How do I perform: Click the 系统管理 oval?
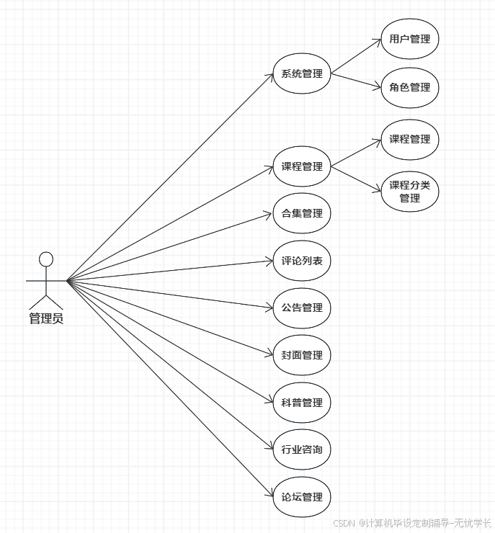click(x=302, y=73)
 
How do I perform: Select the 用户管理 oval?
click(x=409, y=39)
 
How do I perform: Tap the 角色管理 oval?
click(x=409, y=87)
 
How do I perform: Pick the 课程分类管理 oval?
click(x=409, y=191)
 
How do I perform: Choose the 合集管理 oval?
click(x=302, y=214)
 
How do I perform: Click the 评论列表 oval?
click(x=302, y=261)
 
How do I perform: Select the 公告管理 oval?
click(x=302, y=308)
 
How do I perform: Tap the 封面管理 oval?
click(x=302, y=355)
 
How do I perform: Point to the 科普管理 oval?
click(x=302, y=403)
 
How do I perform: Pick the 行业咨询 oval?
click(x=302, y=449)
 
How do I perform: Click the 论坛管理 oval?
click(x=302, y=497)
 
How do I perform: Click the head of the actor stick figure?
click(x=46, y=259)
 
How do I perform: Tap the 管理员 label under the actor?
click(x=46, y=318)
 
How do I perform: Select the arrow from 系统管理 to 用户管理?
click(x=355, y=56)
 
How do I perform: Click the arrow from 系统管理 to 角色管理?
click(x=355, y=81)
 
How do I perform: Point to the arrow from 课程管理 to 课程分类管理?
click(x=355, y=179)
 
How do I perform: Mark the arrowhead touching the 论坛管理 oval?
click(x=269, y=493)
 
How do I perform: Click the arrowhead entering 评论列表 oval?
click(x=269, y=261)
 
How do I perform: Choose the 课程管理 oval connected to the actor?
click(x=302, y=167)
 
